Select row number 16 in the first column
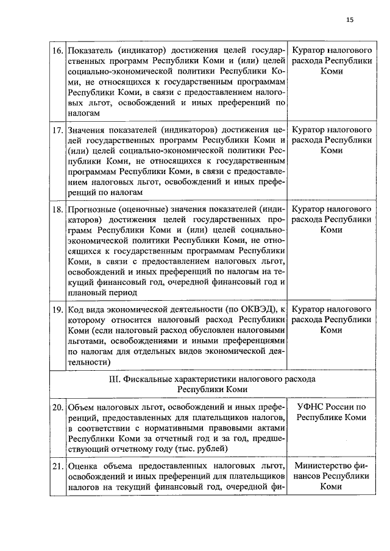[x=58, y=49]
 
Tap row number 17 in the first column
[x=58, y=130]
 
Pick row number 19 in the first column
[x=58, y=309]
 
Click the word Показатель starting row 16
[x=89, y=49]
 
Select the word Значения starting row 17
[x=87, y=130]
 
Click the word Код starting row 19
[x=75, y=309]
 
